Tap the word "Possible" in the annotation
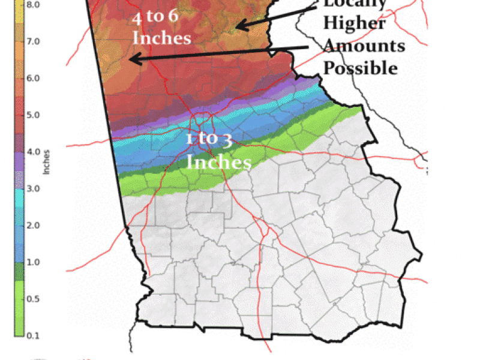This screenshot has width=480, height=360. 360,68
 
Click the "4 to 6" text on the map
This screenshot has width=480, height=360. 155,16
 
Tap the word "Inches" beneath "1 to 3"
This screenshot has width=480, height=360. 219,162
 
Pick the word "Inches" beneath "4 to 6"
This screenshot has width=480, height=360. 161,37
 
